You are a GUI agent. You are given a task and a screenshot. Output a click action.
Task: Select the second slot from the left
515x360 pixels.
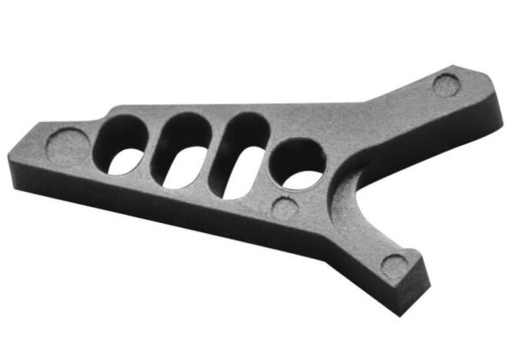(183, 153)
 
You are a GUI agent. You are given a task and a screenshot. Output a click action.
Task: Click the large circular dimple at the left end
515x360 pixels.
(67, 144)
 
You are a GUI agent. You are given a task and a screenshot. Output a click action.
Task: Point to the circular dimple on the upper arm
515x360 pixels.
(446, 85)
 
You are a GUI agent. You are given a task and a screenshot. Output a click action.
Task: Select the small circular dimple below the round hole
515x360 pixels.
(285, 207)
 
